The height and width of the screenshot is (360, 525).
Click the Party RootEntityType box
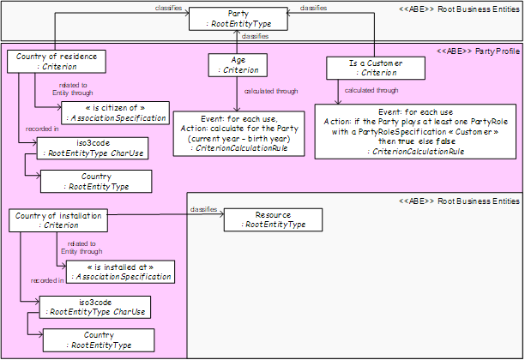pyautogui.click(x=238, y=19)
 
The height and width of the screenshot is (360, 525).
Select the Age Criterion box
pyautogui.click(x=238, y=65)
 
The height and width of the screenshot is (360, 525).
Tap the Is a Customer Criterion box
pyautogui.click(x=376, y=68)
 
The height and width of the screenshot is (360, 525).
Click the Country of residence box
pyautogui.click(x=57, y=62)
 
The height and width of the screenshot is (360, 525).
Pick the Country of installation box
pyautogui.click(x=58, y=220)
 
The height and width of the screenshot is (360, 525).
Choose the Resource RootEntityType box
pyautogui.click(x=273, y=219)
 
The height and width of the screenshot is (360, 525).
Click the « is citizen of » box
pyautogui.click(x=116, y=113)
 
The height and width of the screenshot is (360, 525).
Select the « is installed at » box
pyautogui.click(x=121, y=272)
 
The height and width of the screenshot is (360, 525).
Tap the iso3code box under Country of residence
pyautogui.click(x=93, y=148)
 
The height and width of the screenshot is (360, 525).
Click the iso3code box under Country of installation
pyautogui.click(x=95, y=307)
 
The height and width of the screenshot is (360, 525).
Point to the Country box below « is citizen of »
pyautogui.click(x=96, y=182)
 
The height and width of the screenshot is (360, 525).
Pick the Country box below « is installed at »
pyautogui.click(x=99, y=340)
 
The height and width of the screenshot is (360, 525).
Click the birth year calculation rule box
pyautogui.click(x=238, y=134)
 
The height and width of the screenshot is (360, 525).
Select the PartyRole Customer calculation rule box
pyautogui.click(x=415, y=131)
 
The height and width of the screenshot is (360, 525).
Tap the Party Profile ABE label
pyautogui.click(x=479, y=51)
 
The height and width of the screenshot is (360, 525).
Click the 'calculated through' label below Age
pyautogui.click(x=271, y=91)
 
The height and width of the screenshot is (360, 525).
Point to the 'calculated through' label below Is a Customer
pyautogui.click(x=371, y=90)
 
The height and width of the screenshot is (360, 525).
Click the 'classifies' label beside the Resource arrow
pyautogui.click(x=203, y=209)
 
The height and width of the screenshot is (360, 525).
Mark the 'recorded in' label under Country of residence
pyautogui.click(x=42, y=129)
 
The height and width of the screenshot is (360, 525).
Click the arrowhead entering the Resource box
pyautogui.click(x=221, y=214)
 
